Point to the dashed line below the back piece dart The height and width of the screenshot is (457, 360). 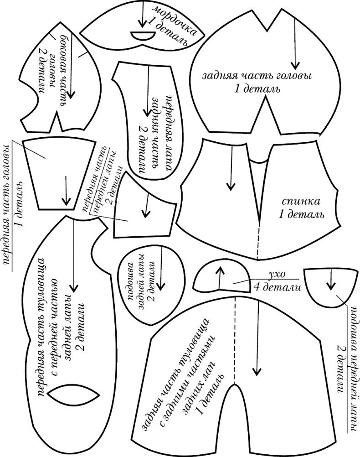[257, 241]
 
